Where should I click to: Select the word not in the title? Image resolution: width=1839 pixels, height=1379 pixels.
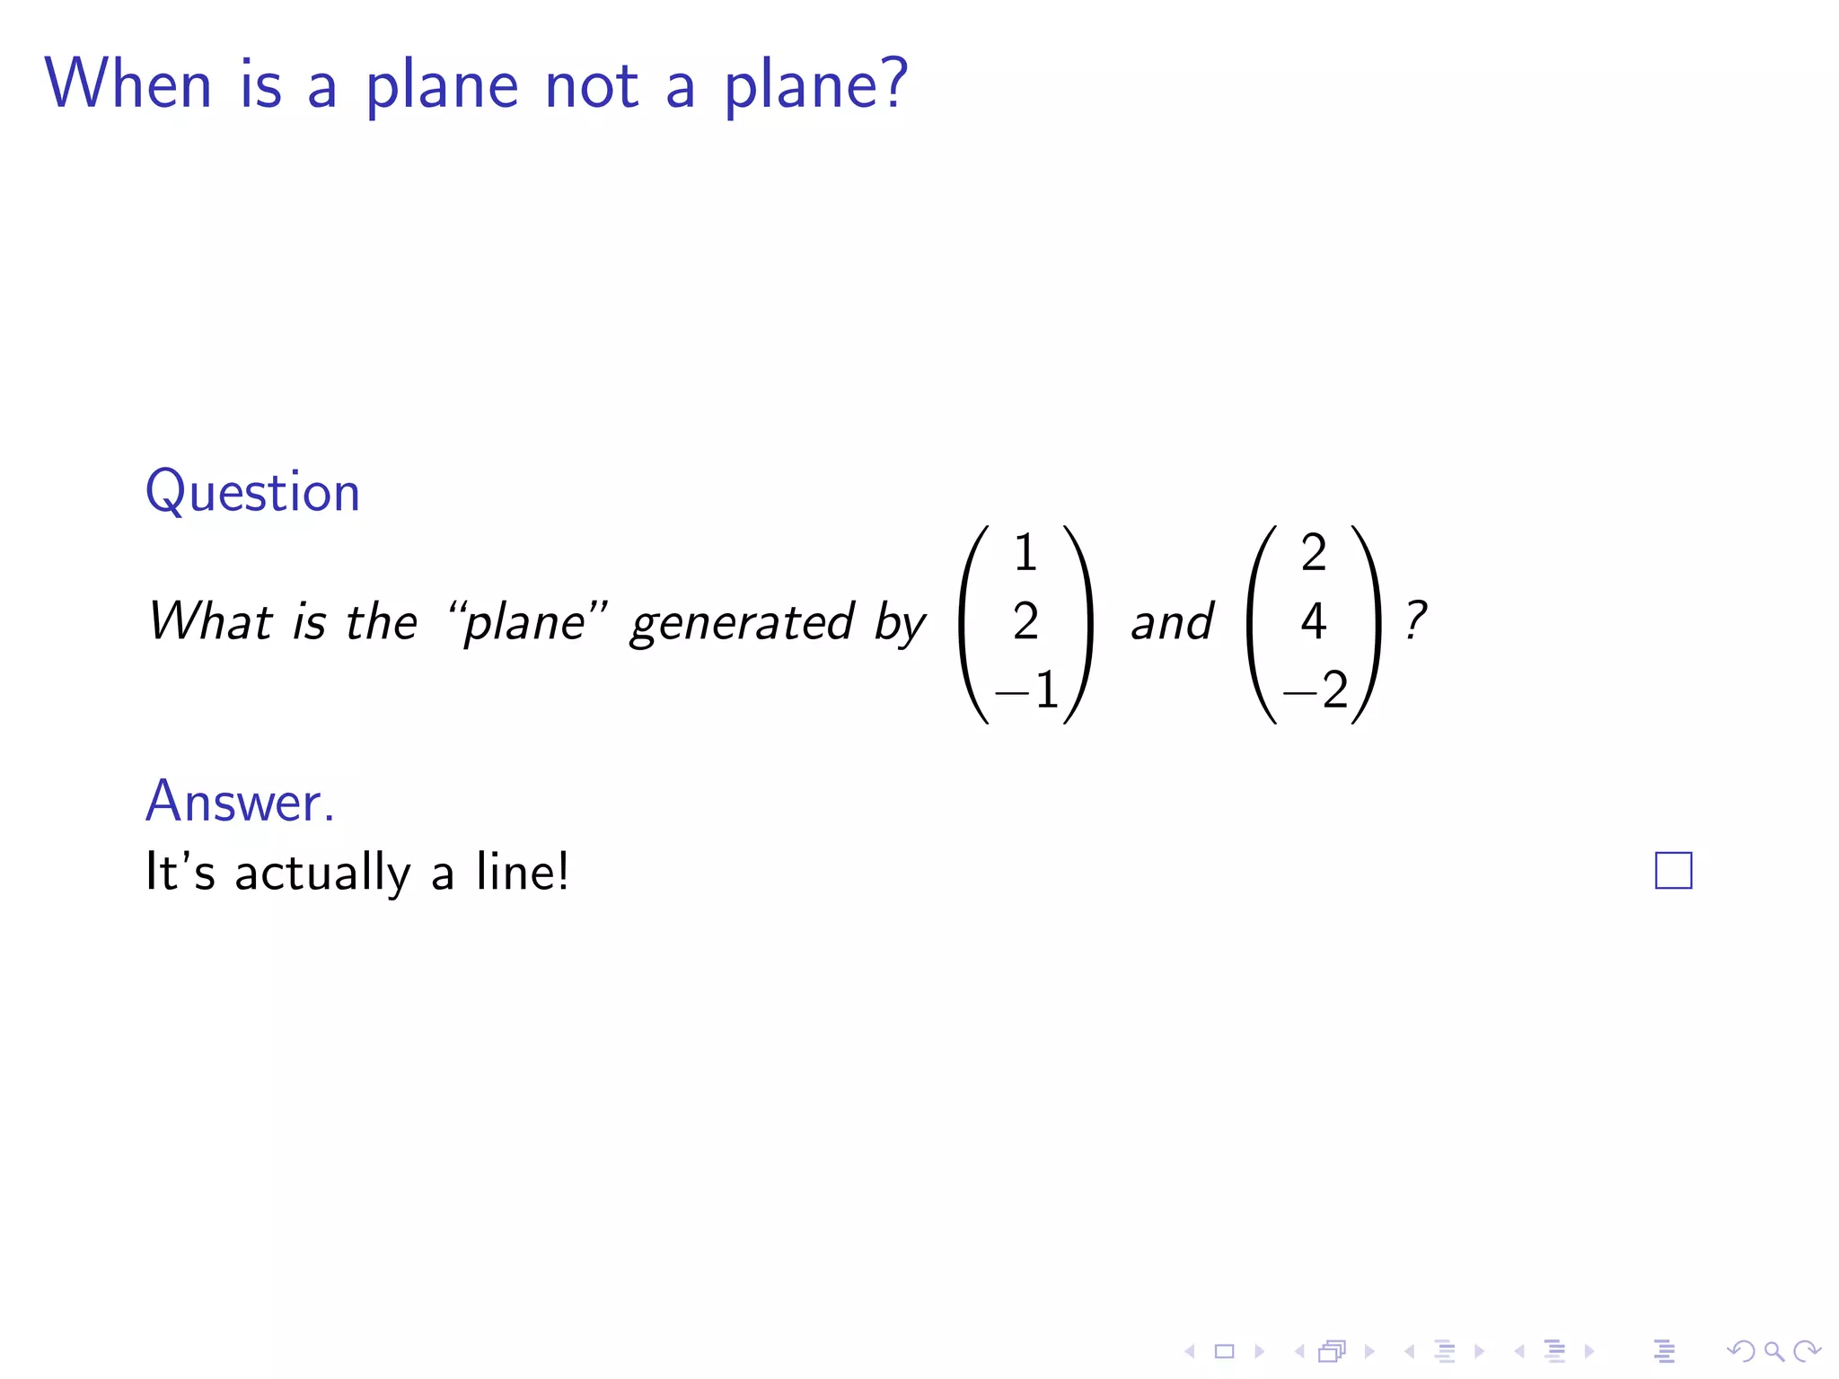[592, 85]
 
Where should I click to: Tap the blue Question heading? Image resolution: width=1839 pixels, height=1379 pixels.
[252, 492]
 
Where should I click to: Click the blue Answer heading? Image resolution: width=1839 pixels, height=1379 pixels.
[240, 801]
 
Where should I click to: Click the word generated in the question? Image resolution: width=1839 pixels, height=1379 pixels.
[742, 622]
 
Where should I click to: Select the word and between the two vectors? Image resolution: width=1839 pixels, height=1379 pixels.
[1172, 622]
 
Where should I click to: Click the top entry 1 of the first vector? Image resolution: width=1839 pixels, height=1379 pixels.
[1025, 553]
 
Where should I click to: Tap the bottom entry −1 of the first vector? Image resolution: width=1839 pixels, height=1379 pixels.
[1027, 690]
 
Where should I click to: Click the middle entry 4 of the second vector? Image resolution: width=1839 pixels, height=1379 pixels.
[1314, 621]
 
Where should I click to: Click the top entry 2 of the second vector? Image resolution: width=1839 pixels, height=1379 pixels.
[1314, 553]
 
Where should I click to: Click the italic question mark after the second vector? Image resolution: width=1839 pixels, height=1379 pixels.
[1416, 620]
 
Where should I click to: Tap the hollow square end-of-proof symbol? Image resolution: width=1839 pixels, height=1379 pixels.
[1673, 870]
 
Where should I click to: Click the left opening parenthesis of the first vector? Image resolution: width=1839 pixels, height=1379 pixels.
[972, 624]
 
